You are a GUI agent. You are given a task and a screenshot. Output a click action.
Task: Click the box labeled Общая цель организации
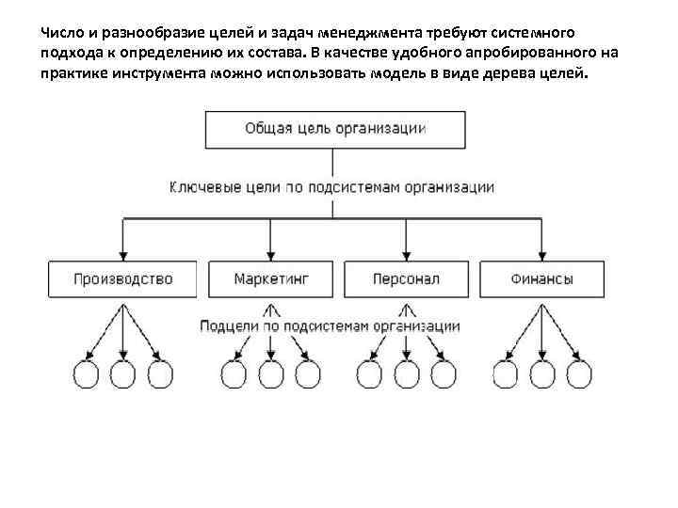click(335, 129)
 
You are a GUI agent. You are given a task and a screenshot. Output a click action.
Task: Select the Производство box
click(123, 278)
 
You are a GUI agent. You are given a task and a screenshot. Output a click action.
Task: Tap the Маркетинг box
click(271, 278)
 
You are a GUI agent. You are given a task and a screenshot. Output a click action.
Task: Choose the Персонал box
click(406, 278)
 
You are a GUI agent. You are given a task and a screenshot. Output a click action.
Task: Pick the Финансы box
click(542, 278)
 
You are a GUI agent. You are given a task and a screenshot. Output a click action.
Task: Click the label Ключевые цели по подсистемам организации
click(331, 187)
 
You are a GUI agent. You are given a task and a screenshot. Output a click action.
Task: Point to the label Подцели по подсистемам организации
click(330, 326)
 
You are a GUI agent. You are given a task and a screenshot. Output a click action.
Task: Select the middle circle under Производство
click(123, 374)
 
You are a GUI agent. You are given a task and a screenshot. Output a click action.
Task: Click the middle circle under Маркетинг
click(271, 374)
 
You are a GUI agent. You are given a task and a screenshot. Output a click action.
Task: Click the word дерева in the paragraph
click(511, 74)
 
